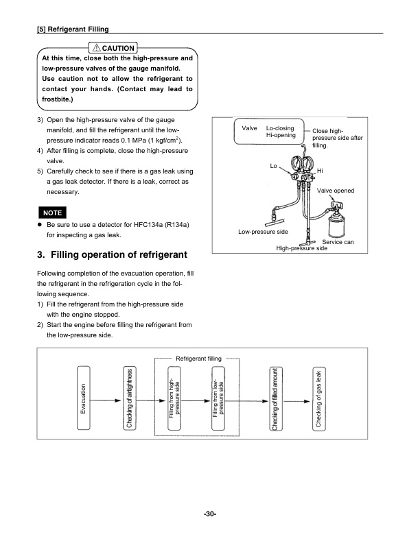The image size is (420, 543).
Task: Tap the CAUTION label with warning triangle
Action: [115, 47]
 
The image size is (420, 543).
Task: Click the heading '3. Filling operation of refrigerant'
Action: [111, 256]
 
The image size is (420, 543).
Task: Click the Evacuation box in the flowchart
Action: [84, 398]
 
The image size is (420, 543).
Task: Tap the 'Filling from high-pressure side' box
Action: [174, 398]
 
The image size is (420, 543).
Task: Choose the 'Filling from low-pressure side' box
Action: [218, 398]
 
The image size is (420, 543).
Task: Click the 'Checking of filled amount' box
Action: [275, 398]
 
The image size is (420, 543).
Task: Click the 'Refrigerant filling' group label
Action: [199, 359]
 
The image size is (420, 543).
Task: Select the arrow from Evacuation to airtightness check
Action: [106, 399]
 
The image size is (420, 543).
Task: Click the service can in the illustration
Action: [337, 222]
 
